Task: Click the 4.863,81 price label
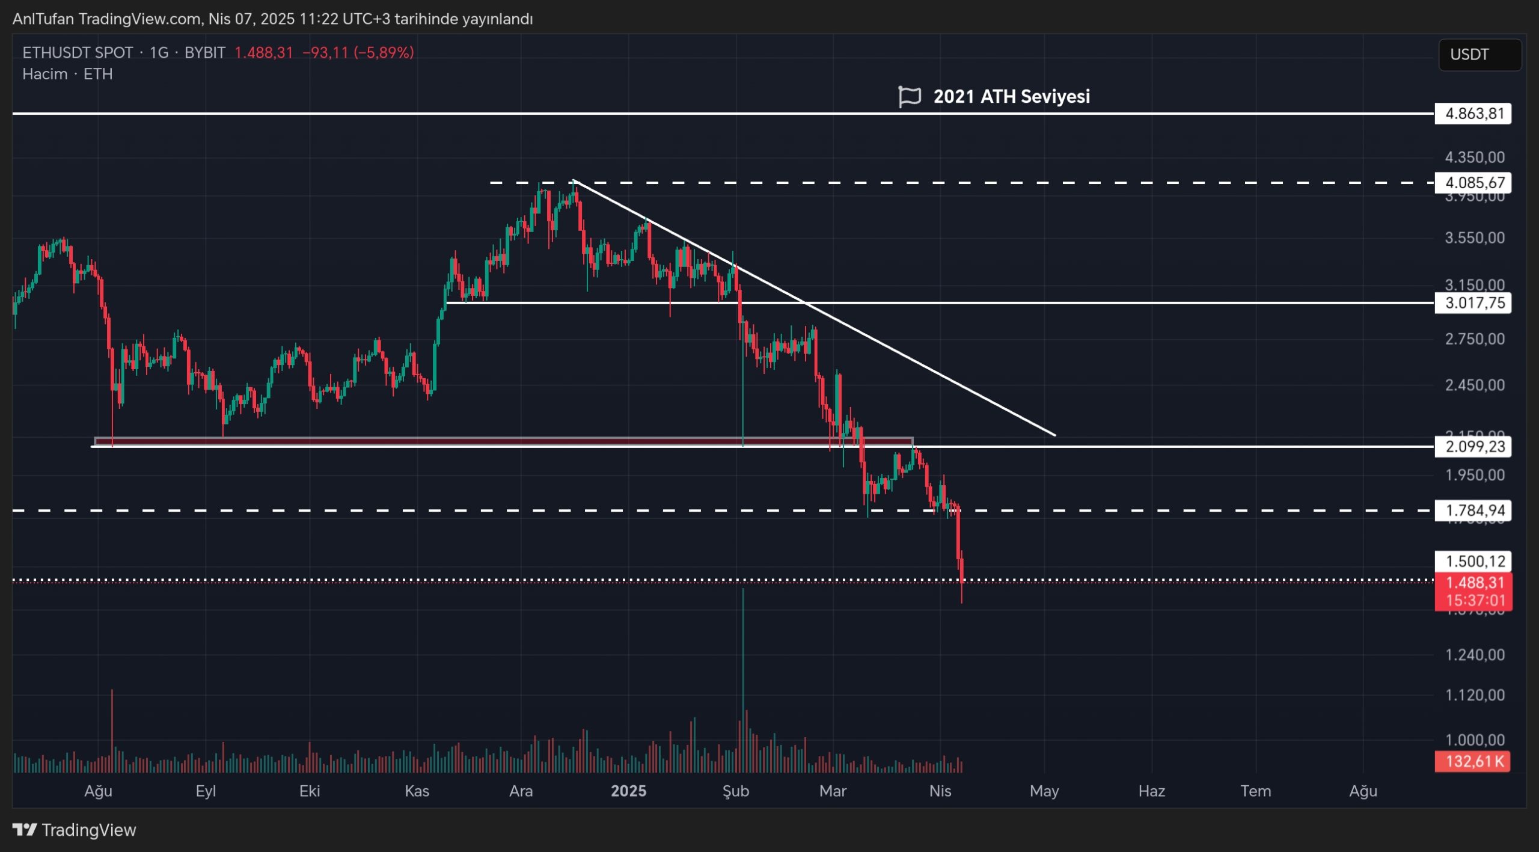[x=1473, y=114]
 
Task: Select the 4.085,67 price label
[x=1473, y=182]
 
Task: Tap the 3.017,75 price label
[x=1473, y=302]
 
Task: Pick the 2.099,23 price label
[x=1473, y=446]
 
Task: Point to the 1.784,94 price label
[x=1473, y=510]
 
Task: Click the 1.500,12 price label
[x=1473, y=561]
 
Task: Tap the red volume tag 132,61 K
[x=1472, y=761]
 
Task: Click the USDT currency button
[x=1479, y=55]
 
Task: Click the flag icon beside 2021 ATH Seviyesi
[x=909, y=96]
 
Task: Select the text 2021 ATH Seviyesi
[x=1011, y=96]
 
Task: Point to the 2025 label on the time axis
[x=628, y=791]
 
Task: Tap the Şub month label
[x=735, y=791]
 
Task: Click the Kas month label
[x=417, y=791]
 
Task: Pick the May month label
[x=1044, y=791]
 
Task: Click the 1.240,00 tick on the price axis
[x=1475, y=655]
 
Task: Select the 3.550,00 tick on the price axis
[x=1475, y=238]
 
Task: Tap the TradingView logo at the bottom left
[x=75, y=830]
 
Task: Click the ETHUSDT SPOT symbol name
[x=78, y=53]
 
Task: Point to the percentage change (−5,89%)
[x=384, y=53]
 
